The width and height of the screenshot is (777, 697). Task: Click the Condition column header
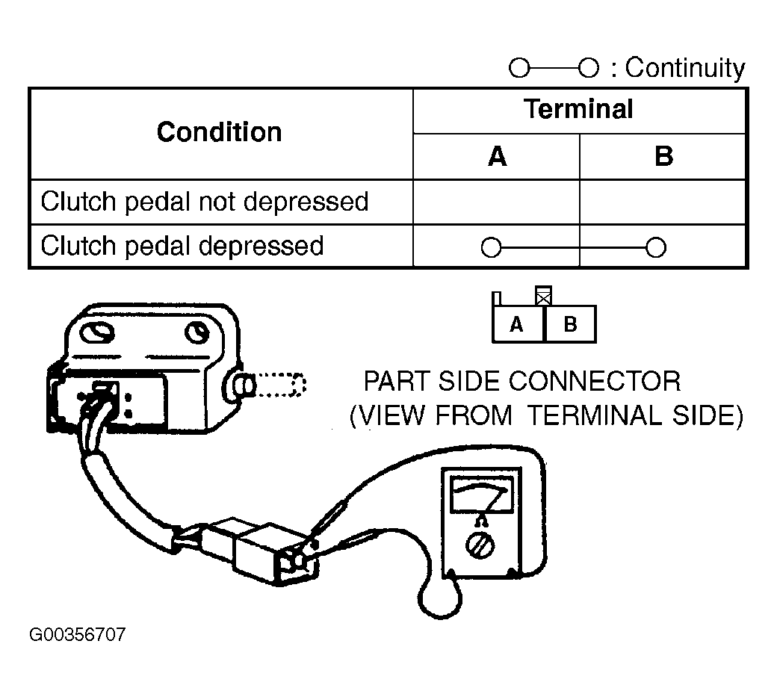tap(219, 132)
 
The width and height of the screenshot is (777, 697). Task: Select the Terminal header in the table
tap(578, 109)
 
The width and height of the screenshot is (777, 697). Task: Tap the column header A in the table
tap(497, 156)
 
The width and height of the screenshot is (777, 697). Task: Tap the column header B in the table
tap(663, 156)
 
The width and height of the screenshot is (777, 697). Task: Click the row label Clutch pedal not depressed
tap(205, 202)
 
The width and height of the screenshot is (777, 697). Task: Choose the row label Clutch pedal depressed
tap(182, 246)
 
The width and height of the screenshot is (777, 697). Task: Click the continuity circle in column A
tap(491, 247)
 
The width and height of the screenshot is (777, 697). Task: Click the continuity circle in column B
tap(656, 247)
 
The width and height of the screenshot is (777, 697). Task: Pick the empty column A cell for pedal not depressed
tap(496, 202)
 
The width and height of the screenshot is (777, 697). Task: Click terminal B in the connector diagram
tap(570, 324)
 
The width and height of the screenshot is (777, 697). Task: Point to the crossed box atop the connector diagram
tap(544, 297)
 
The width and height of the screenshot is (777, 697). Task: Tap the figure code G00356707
tap(78, 634)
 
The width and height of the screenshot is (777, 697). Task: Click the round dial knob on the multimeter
tap(480, 545)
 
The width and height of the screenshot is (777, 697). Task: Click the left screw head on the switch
tap(97, 333)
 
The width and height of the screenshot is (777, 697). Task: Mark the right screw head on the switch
tap(196, 332)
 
